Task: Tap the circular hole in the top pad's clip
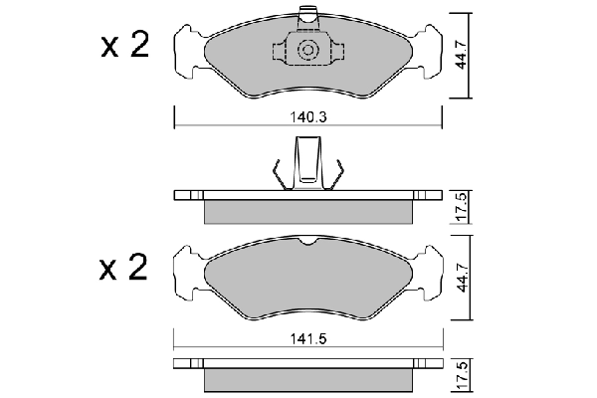(308, 50)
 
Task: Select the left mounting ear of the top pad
(187, 47)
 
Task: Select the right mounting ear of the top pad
(428, 47)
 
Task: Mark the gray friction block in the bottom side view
(307, 380)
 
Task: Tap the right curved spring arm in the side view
(339, 174)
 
